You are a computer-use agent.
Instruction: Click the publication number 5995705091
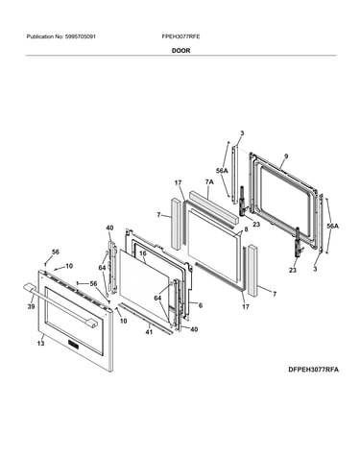pyautogui.click(x=80, y=36)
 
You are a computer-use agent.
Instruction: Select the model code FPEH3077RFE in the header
pyautogui.click(x=180, y=36)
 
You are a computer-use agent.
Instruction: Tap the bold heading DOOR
pyautogui.click(x=180, y=51)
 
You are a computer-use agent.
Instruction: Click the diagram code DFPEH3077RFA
pyautogui.click(x=313, y=370)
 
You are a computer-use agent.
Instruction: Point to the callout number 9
pyautogui.click(x=286, y=156)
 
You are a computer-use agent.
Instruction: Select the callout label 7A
pyautogui.click(x=209, y=182)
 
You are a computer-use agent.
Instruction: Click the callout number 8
pyautogui.click(x=246, y=229)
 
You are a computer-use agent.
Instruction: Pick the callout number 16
pyautogui.click(x=143, y=253)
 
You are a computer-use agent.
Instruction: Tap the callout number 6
pyautogui.click(x=201, y=305)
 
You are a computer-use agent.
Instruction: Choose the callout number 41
pyautogui.click(x=149, y=332)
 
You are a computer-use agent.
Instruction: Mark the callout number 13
pyautogui.click(x=40, y=344)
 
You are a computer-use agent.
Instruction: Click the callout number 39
pyautogui.click(x=31, y=306)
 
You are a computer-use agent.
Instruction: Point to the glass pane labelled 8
pyautogui.click(x=214, y=246)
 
